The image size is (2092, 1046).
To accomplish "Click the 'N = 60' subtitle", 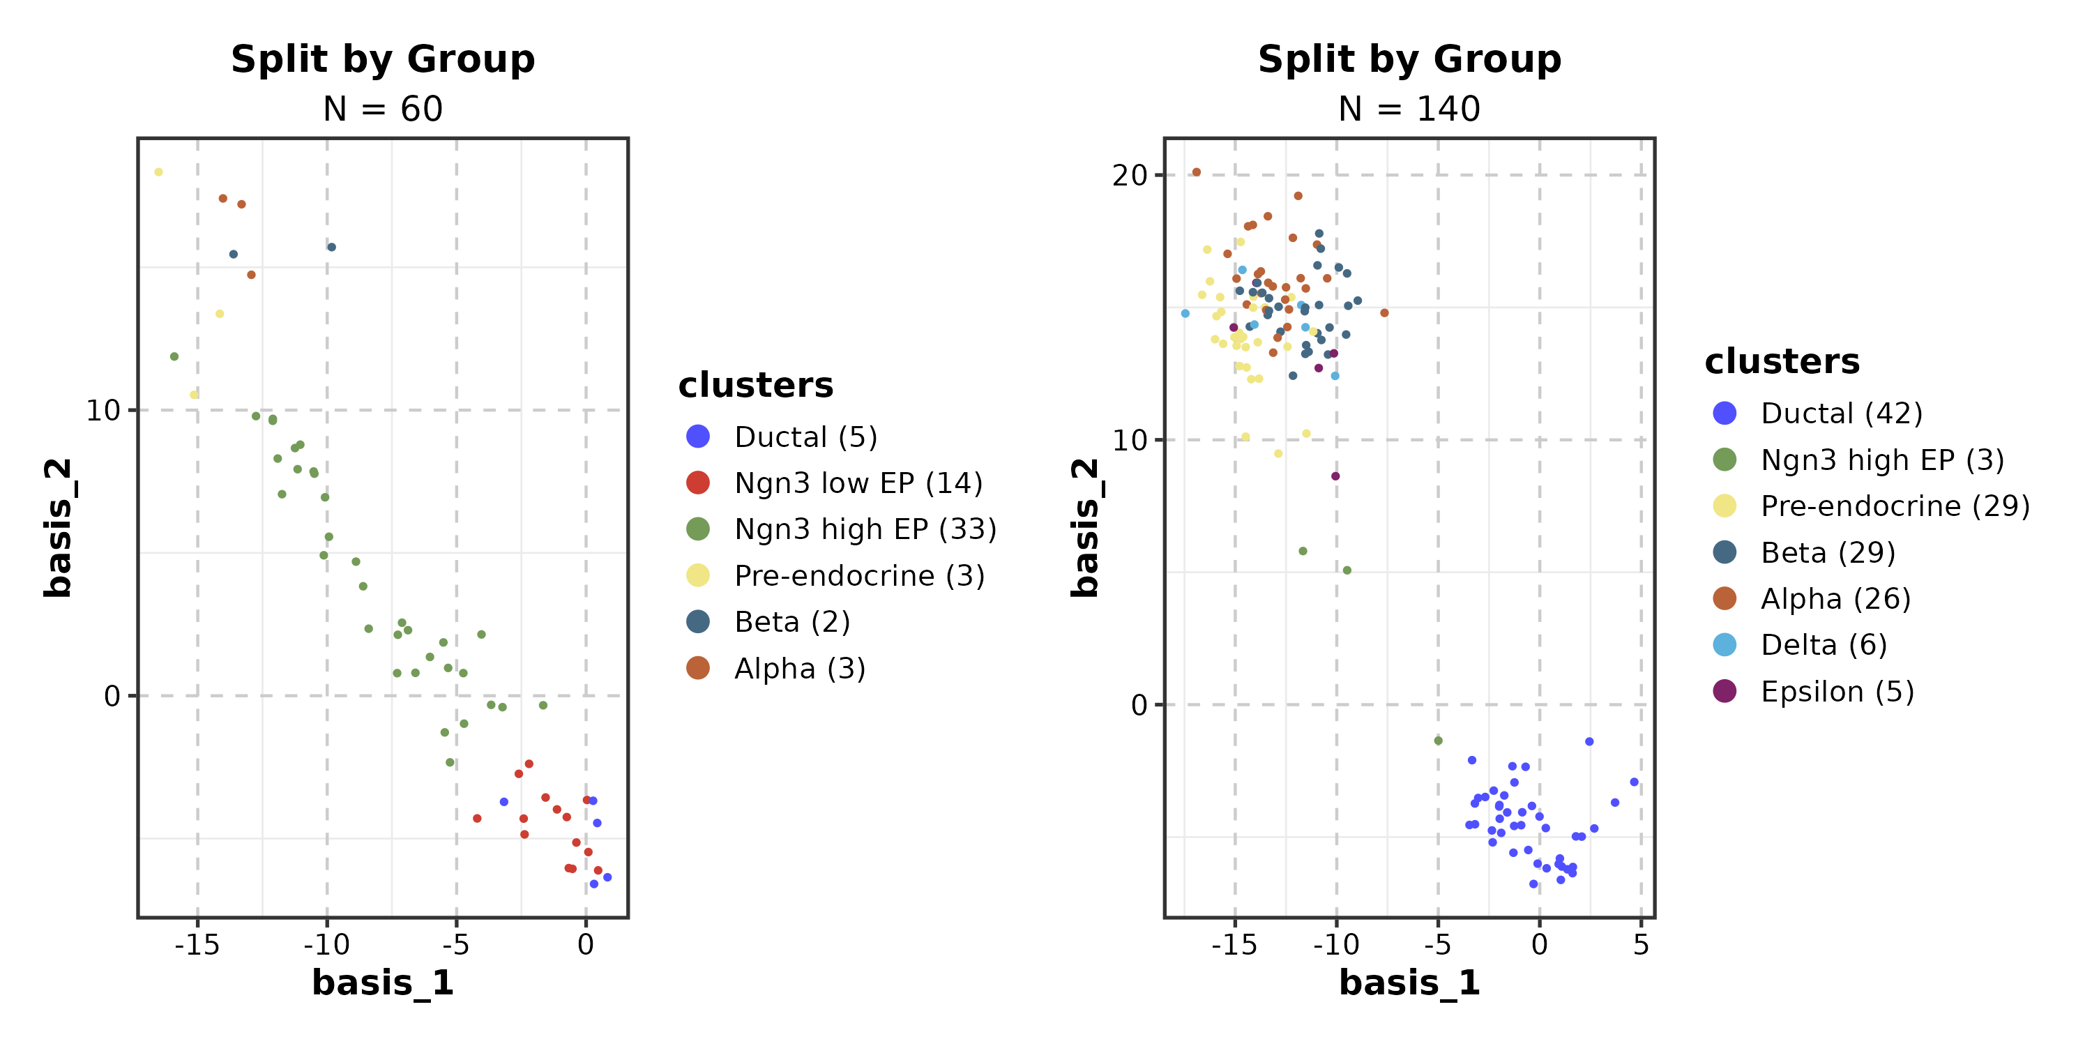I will [x=383, y=109].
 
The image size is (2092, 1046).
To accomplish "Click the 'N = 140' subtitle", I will [x=1409, y=109].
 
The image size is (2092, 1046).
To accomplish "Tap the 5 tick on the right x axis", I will [x=1640, y=944].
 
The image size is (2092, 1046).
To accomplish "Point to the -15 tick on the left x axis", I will [x=197, y=944].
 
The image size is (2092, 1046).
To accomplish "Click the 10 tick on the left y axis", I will [x=103, y=411].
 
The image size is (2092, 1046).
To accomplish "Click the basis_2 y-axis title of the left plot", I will [x=59, y=528].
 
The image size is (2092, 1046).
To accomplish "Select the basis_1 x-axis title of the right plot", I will [x=1409, y=983].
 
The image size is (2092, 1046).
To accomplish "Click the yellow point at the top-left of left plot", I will [x=158, y=172].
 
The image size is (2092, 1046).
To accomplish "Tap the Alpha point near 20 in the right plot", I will [x=1196, y=172].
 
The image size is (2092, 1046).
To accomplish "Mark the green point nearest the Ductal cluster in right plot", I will [x=1438, y=741].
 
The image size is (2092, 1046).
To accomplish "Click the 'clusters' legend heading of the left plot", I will [x=755, y=385].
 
